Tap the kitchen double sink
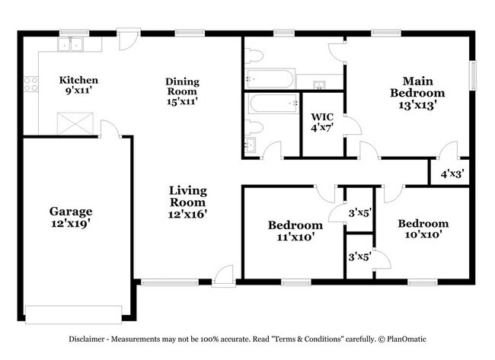(70, 44)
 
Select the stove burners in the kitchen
(31, 84)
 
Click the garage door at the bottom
(74, 314)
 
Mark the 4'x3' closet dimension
(452, 174)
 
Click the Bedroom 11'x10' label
(295, 231)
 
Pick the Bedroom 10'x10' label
(423, 229)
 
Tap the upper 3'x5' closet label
(360, 213)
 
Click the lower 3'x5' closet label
(360, 256)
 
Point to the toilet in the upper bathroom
(254, 56)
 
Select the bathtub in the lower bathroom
(273, 104)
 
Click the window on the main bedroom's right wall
(473, 75)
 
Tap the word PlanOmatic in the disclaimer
(407, 339)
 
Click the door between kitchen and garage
(110, 130)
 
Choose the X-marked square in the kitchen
(75, 123)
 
